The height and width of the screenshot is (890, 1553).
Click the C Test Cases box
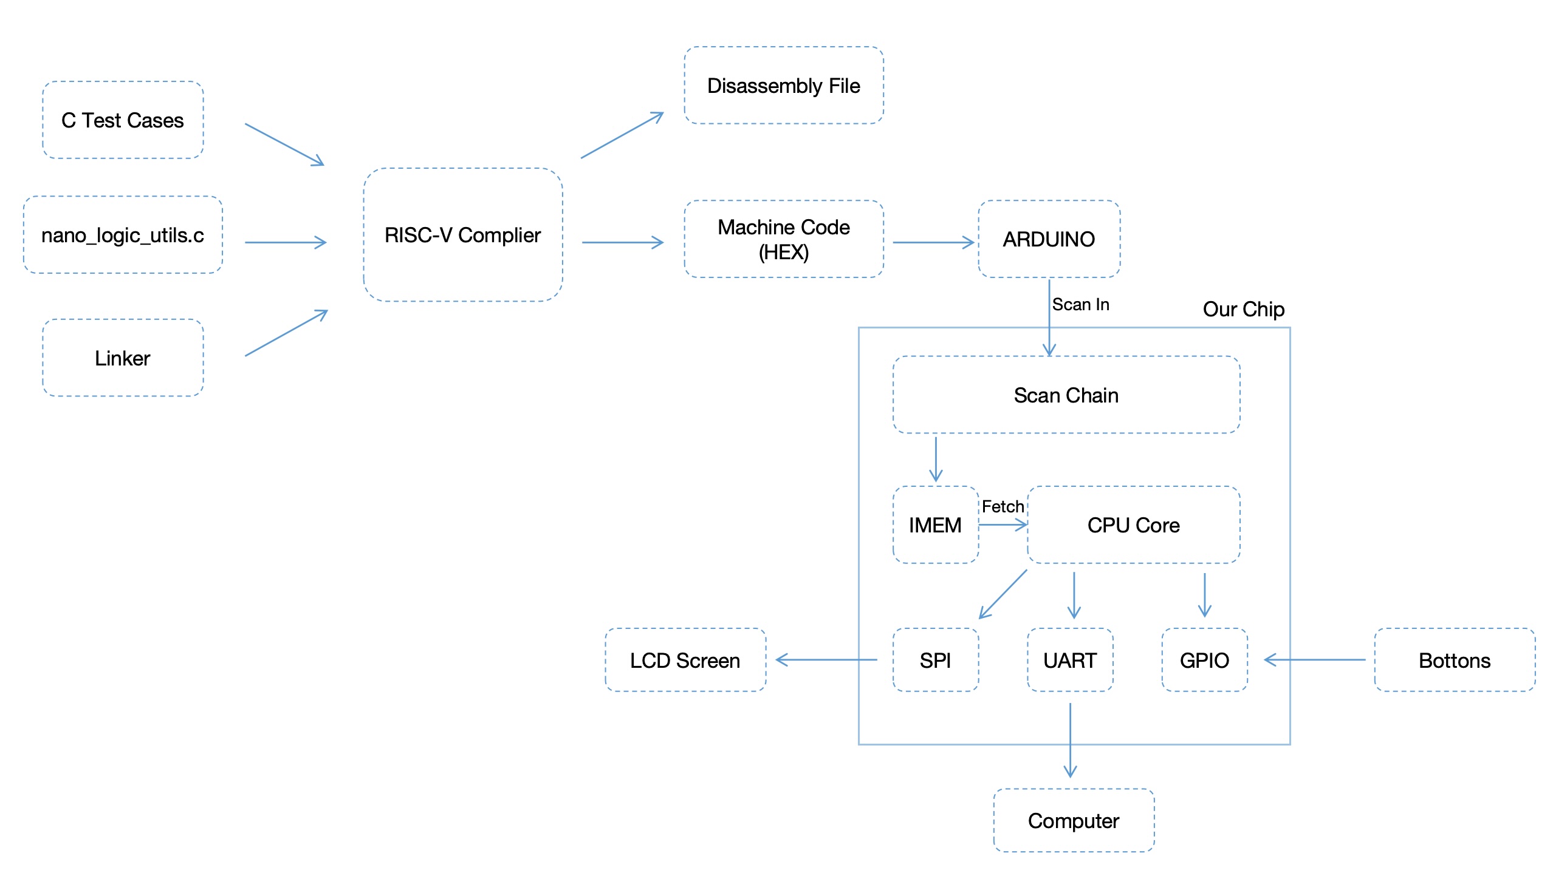122,120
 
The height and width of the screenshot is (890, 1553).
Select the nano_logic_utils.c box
122,236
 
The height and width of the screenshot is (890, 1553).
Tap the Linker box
122,358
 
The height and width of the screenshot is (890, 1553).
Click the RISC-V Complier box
463,236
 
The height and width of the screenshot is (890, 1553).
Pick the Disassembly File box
784,86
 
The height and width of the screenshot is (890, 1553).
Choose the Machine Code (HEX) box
784,240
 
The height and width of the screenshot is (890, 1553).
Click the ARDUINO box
1049,240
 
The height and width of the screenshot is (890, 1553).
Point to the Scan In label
1081,304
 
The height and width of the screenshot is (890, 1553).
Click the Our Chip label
1244,309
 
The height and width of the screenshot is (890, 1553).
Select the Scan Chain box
1066,395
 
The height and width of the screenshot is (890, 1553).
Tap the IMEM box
935,526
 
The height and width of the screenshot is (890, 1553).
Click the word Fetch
1003,507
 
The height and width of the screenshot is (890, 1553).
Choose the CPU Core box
1133,526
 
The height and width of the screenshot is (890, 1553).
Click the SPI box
935,661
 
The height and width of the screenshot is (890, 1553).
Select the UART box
1070,661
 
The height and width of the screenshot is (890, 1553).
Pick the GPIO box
1204,661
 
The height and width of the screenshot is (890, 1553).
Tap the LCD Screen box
685,661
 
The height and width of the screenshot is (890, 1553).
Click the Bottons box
1455,661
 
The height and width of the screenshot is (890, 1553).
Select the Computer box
1074,821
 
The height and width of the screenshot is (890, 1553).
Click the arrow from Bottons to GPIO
1315,660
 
